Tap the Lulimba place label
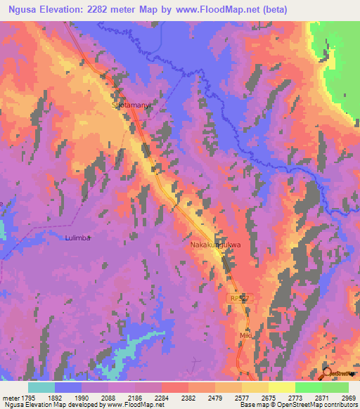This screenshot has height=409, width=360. tap(77, 238)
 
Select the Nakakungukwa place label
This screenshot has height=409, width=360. tap(216, 245)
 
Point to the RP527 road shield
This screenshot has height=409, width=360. tap(240, 298)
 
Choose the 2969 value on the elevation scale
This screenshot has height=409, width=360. tap(340, 398)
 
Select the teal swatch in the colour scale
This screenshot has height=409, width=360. tap(41, 387)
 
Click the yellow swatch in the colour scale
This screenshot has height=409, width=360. tap(281, 387)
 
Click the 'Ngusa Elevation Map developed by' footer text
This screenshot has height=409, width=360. tap(46, 405)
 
